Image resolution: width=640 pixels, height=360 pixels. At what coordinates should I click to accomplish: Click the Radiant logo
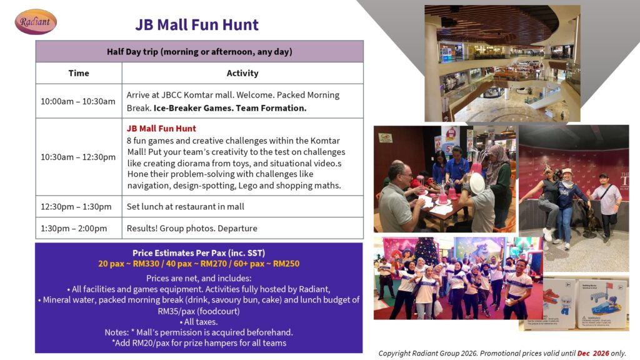(x=36, y=22)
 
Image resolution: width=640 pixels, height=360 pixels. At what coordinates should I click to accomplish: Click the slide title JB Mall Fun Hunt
(x=197, y=25)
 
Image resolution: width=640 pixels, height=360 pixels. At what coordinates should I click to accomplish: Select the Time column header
(x=79, y=73)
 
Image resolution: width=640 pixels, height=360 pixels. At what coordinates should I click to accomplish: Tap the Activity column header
(x=242, y=73)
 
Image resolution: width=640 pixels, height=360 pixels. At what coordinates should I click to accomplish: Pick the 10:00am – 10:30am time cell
(x=79, y=101)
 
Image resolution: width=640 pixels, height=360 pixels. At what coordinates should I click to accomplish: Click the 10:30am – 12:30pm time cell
(x=79, y=157)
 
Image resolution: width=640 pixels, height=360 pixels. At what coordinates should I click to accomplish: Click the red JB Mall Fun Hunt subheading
(x=161, y=129)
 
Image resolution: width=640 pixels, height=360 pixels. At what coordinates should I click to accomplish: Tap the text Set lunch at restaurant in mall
(x=185, y=206)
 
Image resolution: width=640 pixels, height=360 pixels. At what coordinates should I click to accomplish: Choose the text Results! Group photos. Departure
(x=192, y=228)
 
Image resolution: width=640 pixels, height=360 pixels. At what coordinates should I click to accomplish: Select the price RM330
(x=146, y=264)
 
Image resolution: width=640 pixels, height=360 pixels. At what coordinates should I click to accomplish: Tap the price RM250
(x=286, y=264)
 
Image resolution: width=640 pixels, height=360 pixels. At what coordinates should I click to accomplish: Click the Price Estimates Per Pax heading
(x=199, y=253)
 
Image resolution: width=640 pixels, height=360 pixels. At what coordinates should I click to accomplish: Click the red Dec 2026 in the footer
(x=593, y=353)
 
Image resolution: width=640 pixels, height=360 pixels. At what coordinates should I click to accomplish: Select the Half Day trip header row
(x=199, y=51)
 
